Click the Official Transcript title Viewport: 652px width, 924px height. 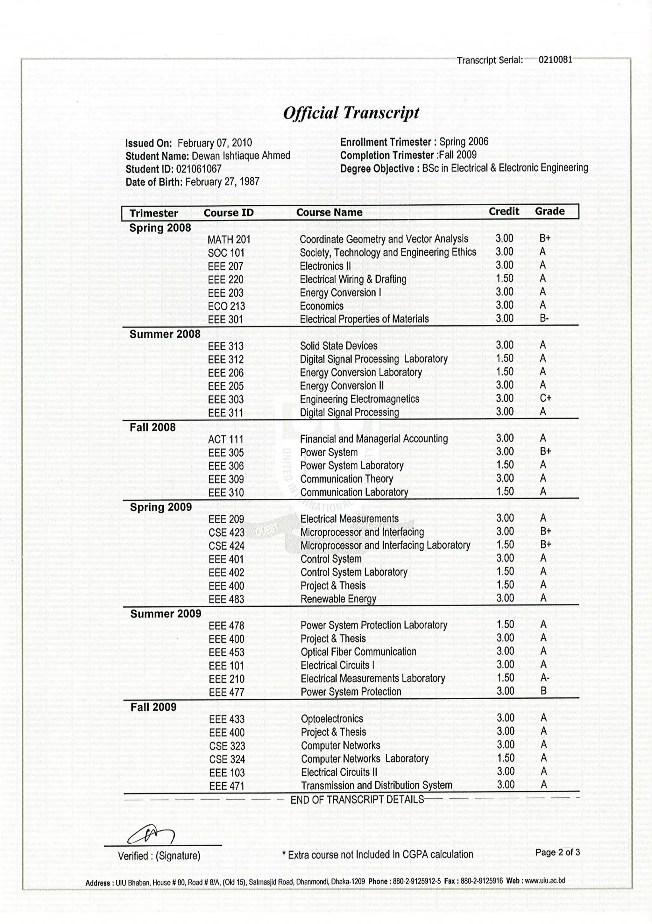[351, 113]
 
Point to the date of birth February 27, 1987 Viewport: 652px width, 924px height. [222, 182]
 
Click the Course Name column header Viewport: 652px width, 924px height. [329, 213]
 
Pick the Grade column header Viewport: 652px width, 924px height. [549, 211]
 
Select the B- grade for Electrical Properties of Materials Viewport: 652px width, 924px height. [544, 318]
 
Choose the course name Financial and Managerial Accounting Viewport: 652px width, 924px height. [373, 439]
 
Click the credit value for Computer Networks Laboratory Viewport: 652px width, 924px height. [506, 758]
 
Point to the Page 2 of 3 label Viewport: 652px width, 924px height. [557, 852]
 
